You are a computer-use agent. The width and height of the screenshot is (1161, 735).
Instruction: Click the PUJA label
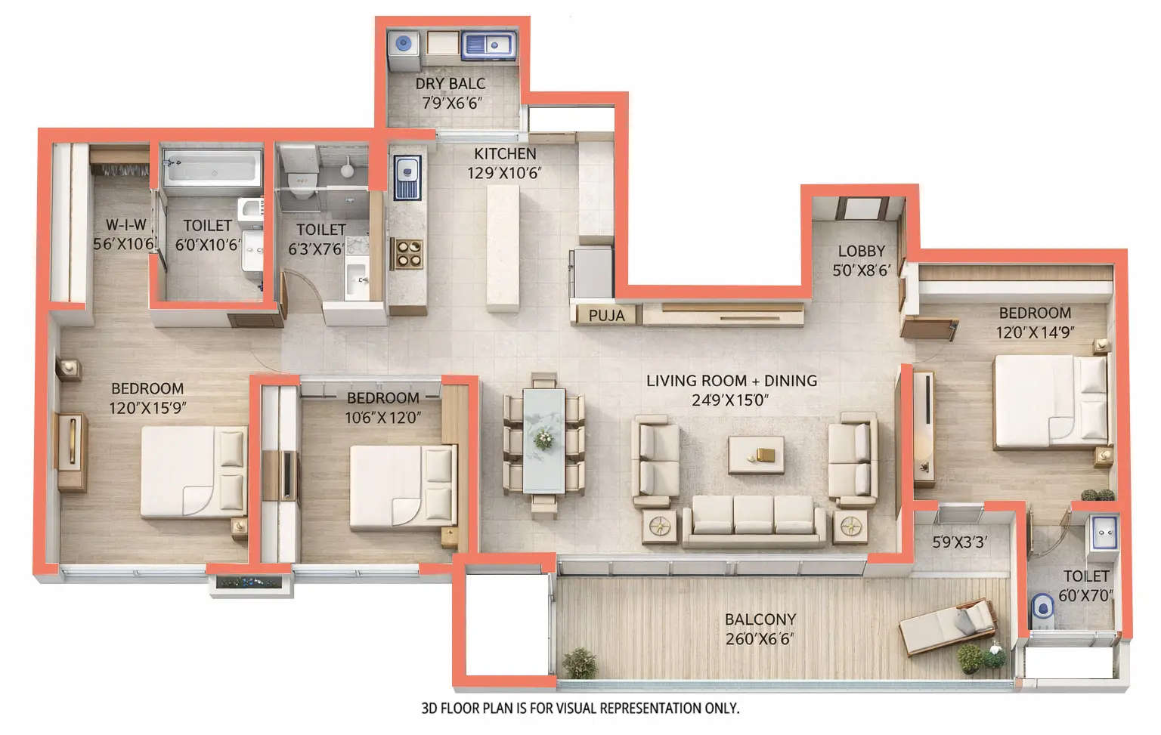[606, 315]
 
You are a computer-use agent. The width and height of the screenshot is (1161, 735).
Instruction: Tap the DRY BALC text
[450, 84]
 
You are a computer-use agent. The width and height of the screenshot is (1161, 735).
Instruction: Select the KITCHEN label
[505, 153]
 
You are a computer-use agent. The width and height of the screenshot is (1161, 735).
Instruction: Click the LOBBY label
[861, 251]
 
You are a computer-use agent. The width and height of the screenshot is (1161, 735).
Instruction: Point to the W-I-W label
[126, 224]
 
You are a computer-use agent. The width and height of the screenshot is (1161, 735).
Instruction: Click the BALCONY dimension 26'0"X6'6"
[760, 639]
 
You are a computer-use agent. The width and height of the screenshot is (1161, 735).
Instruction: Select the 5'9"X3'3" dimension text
[959, 542]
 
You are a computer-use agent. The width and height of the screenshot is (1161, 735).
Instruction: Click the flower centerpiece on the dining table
[543, 437]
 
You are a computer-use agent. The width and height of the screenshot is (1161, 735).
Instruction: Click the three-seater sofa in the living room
[753, 520]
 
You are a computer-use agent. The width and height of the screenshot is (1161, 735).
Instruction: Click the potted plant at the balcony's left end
[580, 662]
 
